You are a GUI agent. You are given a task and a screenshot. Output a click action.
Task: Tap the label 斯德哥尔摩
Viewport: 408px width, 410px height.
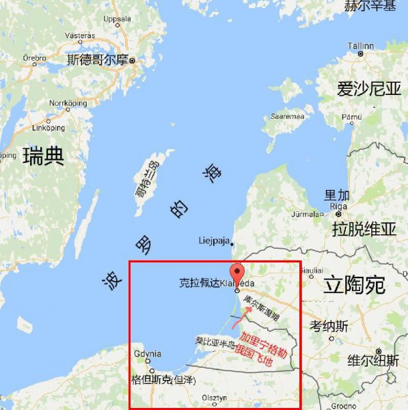[x=97, y=60]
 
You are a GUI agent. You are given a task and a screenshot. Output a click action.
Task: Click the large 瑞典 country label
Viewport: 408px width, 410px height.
[x=43, y=156]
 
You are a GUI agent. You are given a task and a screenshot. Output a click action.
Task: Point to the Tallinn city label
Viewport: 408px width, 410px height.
[x=361, y=46]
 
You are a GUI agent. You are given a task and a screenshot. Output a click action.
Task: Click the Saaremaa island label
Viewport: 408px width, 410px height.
[x=287, y=116]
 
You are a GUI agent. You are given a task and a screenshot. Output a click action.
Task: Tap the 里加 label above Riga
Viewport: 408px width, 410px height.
[x=338, y=195]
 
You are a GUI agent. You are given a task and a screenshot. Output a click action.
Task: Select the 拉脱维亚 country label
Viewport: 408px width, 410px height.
[x=364, y=228]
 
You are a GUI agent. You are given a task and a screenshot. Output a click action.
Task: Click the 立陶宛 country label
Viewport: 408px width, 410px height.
[x=355, y=284]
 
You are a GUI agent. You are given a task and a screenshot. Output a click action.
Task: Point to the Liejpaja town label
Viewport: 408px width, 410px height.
[x=213, y=241]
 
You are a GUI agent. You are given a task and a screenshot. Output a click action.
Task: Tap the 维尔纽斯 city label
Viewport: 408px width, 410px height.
[x=373, y=360]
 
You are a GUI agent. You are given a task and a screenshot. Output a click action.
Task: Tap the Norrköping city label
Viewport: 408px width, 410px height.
[x=66, y=103]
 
